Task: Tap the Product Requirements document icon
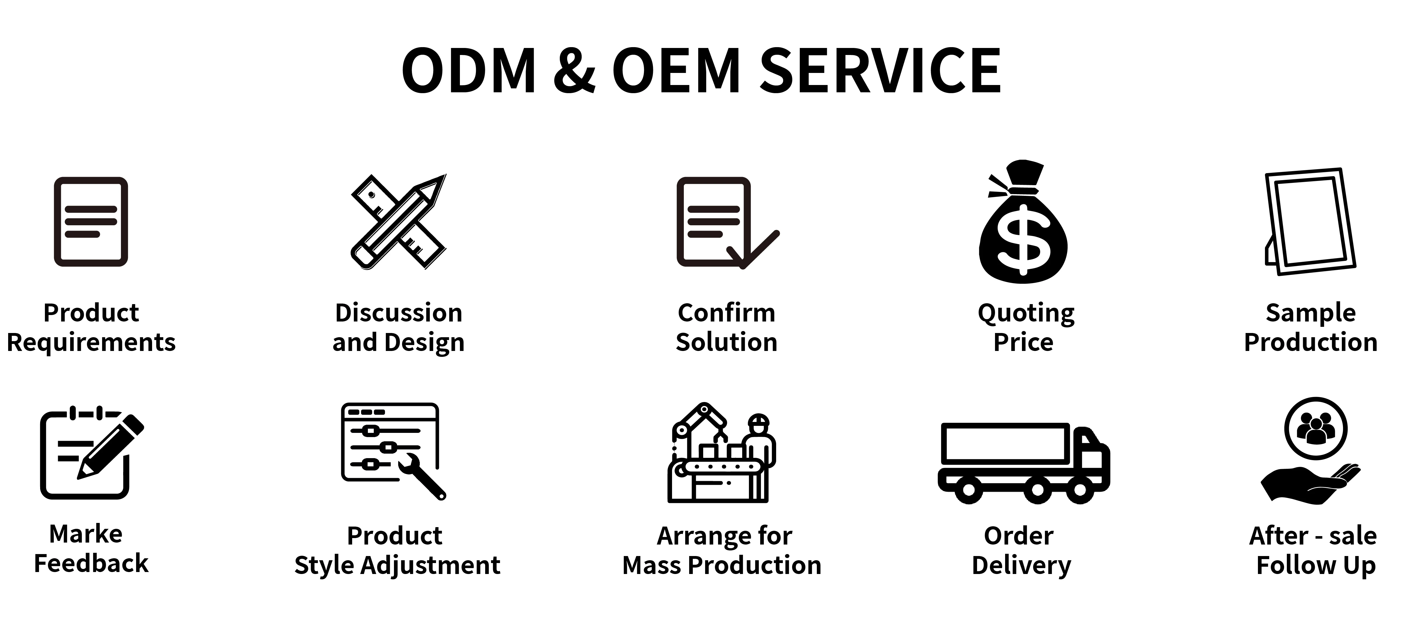pos(91,222)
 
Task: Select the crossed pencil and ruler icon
pos(398,222)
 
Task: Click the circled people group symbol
pos(1315,428)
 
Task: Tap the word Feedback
pos(91,564)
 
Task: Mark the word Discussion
pos(398,313)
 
